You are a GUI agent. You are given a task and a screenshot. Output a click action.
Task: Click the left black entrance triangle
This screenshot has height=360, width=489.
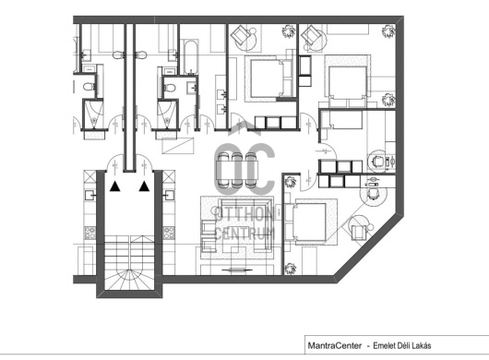click(x=115, y=186)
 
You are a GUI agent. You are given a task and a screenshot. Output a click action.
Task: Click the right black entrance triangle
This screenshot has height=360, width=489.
click(x=144, y=186)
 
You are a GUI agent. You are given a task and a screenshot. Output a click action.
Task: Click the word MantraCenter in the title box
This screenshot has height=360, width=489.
click(x=335, y=345)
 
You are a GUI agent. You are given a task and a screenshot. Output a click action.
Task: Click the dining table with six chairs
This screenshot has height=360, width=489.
click(x=237, y=170)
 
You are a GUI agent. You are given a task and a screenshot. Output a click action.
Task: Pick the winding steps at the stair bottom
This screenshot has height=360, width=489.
click(x=129, y=279)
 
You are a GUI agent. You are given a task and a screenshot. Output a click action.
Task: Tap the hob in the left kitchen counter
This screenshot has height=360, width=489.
click(x=90, y=233)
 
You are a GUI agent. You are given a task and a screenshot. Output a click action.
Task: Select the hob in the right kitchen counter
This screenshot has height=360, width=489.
click(x=169, y=233)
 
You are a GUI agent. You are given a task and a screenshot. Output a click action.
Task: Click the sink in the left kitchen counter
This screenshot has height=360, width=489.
click(x=89, y=196)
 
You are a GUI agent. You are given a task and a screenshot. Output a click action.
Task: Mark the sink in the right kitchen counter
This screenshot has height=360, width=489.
click(x=169, y=196)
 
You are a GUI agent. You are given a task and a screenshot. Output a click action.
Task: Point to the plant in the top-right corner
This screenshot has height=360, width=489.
click(x=388, y=30)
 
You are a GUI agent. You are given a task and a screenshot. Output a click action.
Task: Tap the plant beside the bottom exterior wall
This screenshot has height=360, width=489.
click(x=291, y=269)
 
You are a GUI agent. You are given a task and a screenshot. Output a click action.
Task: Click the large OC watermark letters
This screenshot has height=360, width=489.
click(x=244, y=168)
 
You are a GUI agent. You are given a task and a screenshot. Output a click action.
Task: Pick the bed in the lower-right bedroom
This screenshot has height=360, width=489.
click(x=309, y=222)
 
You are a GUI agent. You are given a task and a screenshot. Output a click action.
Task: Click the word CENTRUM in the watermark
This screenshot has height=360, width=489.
click(x=244, y=234)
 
